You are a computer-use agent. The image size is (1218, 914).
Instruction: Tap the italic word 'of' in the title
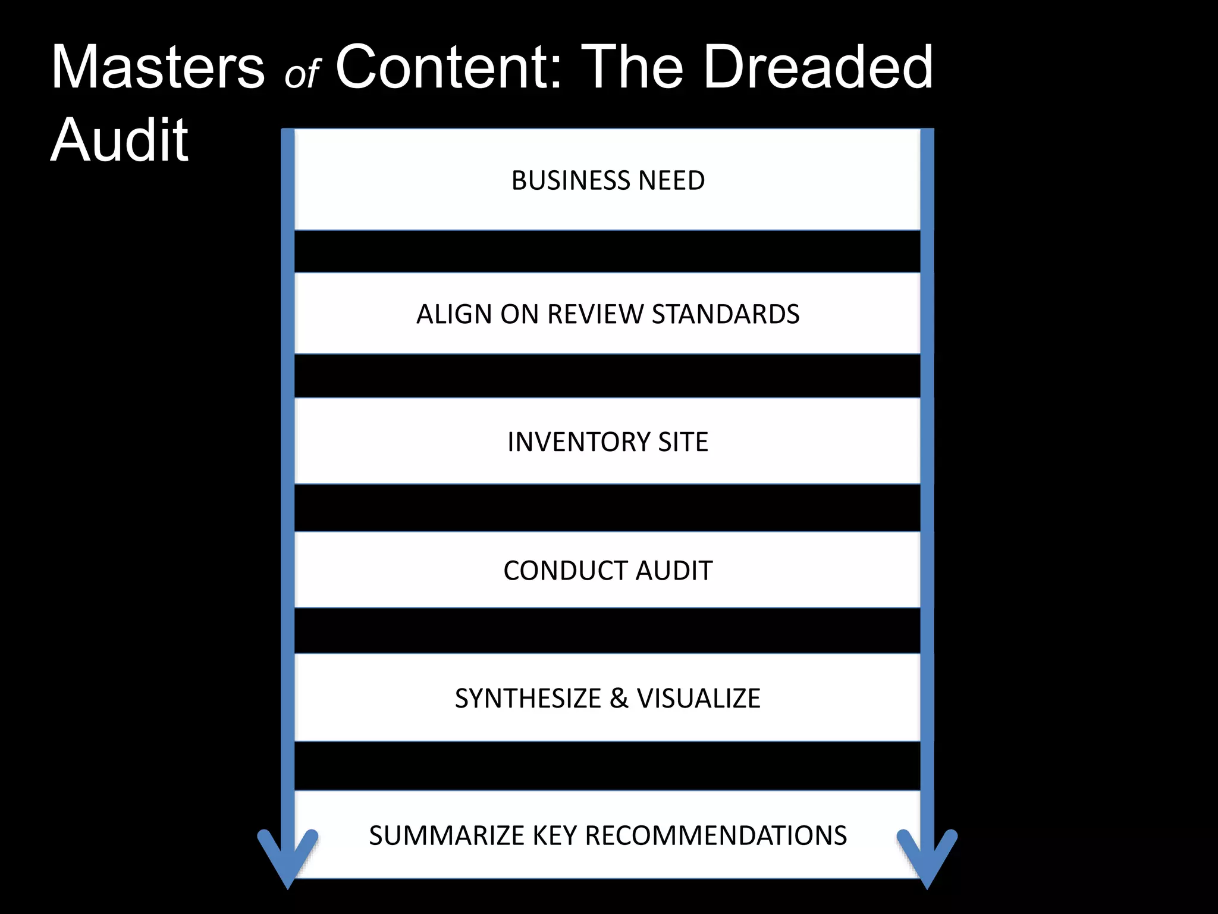(x=302, y=74)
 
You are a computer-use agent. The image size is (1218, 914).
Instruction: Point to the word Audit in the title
(x=120, y=140)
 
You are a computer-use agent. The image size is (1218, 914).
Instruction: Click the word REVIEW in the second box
(x=595, y=314)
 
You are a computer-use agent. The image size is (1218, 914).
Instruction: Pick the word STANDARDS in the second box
(x=726, y=314)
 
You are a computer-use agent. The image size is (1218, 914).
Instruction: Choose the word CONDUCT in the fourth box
(x=565, y=571)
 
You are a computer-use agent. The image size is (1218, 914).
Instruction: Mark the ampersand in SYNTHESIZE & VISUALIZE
(x=619, y=699)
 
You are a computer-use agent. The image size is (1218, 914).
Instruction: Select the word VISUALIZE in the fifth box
(x=699, y=699)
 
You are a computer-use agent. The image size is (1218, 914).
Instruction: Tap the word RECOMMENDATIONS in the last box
(x=716, y=835)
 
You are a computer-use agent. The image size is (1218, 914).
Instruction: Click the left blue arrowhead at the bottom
(x=288, y=860)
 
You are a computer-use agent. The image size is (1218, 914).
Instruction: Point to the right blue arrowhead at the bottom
(x=927, y=860)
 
